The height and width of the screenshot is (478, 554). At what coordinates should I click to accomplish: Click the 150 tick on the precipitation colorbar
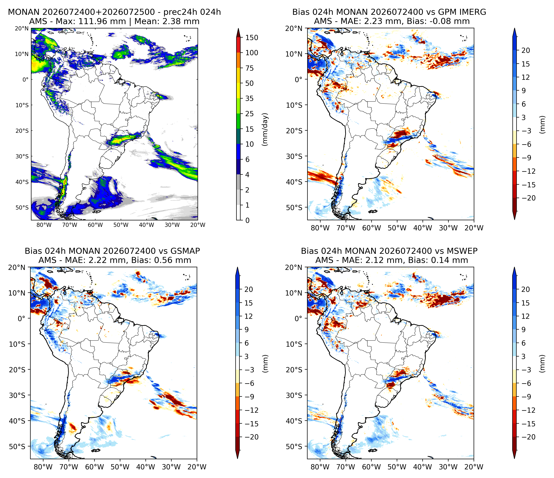click(x=252, y=38)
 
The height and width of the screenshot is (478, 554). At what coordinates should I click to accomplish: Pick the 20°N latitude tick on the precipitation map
click(x=21, y=28)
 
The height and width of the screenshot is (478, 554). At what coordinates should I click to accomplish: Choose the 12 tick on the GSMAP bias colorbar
click(x=248, y=316)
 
